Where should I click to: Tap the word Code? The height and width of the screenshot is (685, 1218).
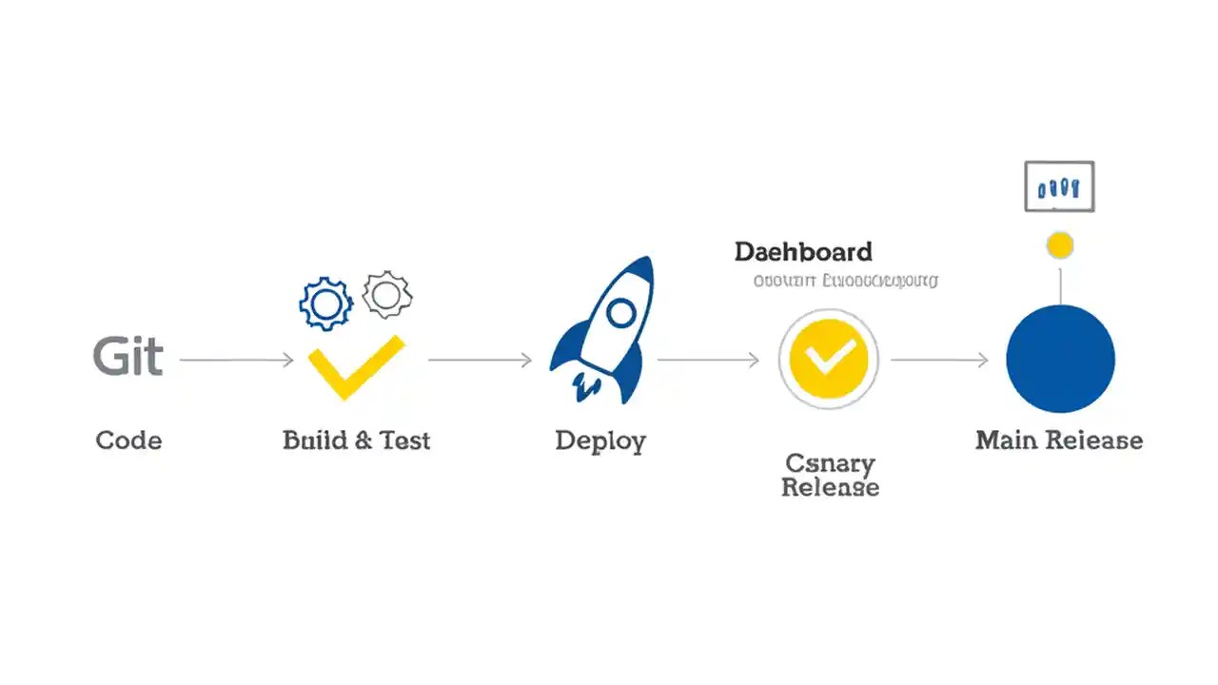pos(128,440)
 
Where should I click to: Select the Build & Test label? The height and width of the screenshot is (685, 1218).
pos(356,440)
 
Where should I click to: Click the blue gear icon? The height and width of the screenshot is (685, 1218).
pos(325,303)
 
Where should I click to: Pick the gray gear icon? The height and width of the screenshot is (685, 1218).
pos(386,295)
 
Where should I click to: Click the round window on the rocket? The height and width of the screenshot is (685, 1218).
pos(620,311)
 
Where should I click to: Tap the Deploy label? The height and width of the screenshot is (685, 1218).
pos(600,440)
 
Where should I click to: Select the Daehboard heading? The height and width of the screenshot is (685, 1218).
pos(803,252)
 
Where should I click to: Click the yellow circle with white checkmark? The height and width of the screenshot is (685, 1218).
pos(829,359)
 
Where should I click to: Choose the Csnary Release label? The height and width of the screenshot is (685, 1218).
pos(830,475)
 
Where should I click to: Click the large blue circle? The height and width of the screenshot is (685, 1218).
pos(1060,359)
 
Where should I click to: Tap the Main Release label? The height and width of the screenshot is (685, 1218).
pos(1059,440)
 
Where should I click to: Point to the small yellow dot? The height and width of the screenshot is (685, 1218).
pos(1059,245)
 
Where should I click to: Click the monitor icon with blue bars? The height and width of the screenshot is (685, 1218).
pos(1059,186)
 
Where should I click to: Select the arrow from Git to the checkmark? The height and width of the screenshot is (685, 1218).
pos(236,360)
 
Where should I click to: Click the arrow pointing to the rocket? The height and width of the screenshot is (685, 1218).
pos(480,360)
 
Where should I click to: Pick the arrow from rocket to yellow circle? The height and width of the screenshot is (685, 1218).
pos(708,360)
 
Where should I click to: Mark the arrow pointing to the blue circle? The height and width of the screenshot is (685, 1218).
pos(939,360)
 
